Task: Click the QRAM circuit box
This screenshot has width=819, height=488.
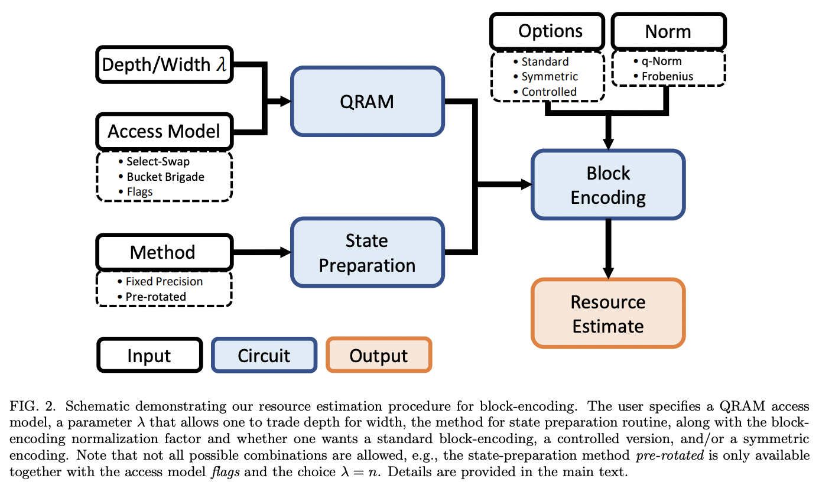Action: click(366, 102)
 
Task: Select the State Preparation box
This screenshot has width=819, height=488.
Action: click(366, 253)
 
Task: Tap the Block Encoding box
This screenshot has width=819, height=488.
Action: click(608, 185)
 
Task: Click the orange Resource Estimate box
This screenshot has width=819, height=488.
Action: click(608, 314)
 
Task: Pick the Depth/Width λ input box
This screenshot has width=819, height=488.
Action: click(164, 64)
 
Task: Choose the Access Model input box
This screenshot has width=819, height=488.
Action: click(164, 131)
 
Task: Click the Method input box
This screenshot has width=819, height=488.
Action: click(163, 252)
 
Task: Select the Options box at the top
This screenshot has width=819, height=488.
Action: click(550, 31)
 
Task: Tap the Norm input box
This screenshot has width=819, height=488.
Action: click(668, 31)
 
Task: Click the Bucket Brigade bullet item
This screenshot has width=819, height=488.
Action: click(165, 177)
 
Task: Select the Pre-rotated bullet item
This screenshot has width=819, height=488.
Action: click(155, 297)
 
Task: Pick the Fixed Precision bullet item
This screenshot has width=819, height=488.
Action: click(164, 281)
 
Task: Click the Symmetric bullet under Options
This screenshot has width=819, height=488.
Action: click(550, 76)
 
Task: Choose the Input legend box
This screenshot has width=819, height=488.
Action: click(149, 356)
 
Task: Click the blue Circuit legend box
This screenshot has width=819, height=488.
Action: click(264, 356)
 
